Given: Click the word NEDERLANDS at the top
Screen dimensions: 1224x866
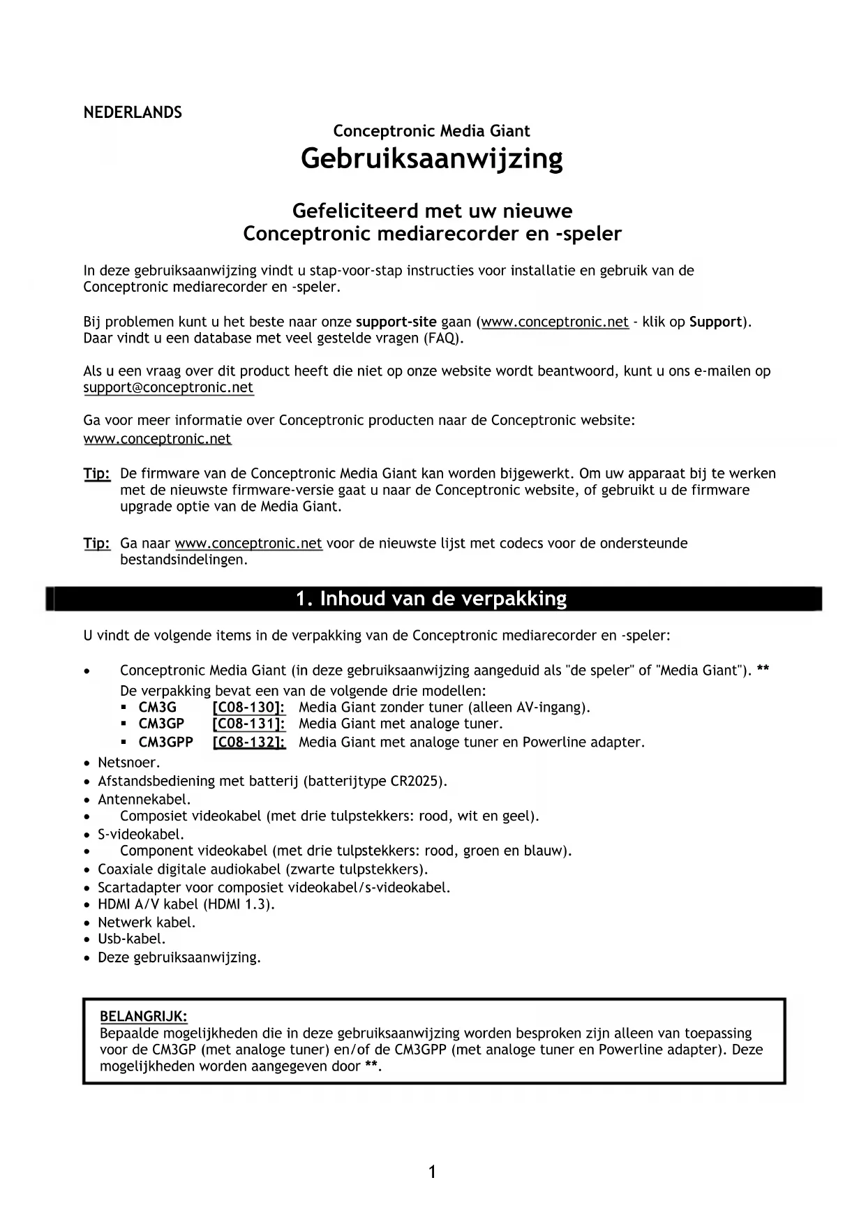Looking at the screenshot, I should (133, 113).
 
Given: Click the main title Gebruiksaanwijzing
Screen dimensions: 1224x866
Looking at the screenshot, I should (432, 159).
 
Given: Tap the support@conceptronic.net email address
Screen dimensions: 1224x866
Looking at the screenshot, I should (168, 388).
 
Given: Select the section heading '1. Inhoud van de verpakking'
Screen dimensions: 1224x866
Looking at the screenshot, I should (431, 599).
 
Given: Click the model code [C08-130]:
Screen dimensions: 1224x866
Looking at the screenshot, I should (248, 708).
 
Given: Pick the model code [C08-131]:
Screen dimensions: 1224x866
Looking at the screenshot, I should (248, 724).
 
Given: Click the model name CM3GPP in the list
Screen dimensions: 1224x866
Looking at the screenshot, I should (166, 742).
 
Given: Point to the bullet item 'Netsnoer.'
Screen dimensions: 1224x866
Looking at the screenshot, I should (129, 763).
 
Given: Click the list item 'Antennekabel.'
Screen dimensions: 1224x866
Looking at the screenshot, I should (144, 800).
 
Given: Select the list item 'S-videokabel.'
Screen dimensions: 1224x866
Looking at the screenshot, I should (141, 835).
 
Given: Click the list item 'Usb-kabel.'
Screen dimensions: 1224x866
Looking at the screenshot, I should (132, 939).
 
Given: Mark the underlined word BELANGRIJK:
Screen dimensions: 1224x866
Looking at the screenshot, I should (144, 1017).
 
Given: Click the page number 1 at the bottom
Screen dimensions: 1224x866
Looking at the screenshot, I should (432, 1172).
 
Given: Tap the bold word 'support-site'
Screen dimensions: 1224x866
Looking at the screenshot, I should (396, 322).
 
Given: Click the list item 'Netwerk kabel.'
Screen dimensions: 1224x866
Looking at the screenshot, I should (147, 923).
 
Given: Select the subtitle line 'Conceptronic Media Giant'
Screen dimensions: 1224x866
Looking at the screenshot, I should (431, 131).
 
